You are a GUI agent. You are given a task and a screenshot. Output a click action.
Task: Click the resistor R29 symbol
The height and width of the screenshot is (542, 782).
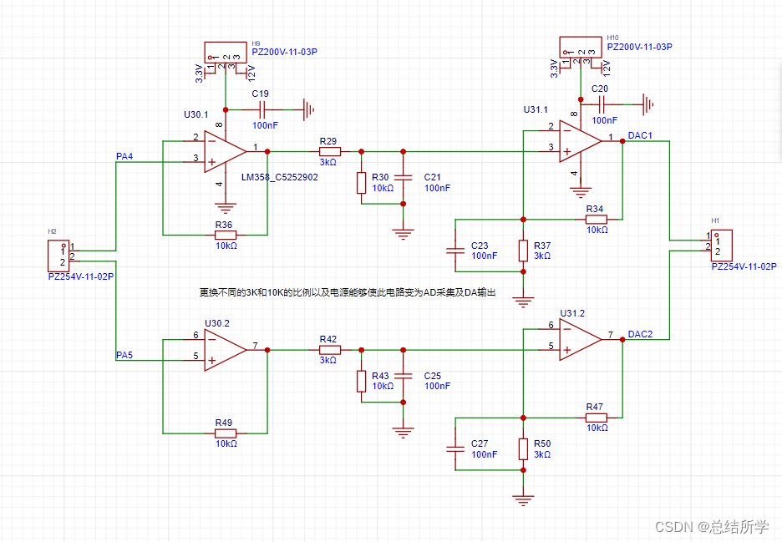(x=329, y=151)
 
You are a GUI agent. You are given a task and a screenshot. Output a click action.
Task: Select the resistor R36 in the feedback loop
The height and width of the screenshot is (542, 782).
(x=225, y=236)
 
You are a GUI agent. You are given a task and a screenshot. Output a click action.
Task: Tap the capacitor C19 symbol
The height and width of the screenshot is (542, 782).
(x=262, y=109)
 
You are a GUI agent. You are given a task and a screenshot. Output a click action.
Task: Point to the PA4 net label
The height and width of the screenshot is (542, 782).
(x=124, y=156)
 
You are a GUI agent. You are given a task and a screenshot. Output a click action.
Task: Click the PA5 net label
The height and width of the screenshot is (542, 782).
(x=124, y=356)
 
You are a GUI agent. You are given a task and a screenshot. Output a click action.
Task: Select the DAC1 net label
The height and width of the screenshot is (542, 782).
(x=640, y=135)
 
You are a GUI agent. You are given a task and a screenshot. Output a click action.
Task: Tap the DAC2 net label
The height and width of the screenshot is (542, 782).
(x=640, y=334)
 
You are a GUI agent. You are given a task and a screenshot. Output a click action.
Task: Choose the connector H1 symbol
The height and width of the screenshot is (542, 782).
(x=721, y=243)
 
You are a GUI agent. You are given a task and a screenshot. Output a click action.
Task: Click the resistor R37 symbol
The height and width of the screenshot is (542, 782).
(x=523, y=250)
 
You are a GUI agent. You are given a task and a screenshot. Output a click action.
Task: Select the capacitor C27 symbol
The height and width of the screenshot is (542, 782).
(x=454, y=448)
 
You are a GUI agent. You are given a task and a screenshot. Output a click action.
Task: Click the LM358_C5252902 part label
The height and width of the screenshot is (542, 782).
(x=279, y=178)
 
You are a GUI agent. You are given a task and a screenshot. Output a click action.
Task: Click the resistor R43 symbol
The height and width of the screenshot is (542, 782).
(x=361, y=381)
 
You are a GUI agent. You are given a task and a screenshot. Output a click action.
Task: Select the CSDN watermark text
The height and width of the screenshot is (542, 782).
(x=711, y=526)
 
